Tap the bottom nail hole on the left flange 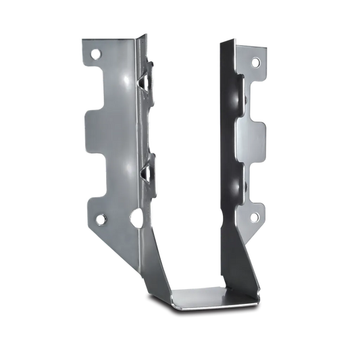101,219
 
